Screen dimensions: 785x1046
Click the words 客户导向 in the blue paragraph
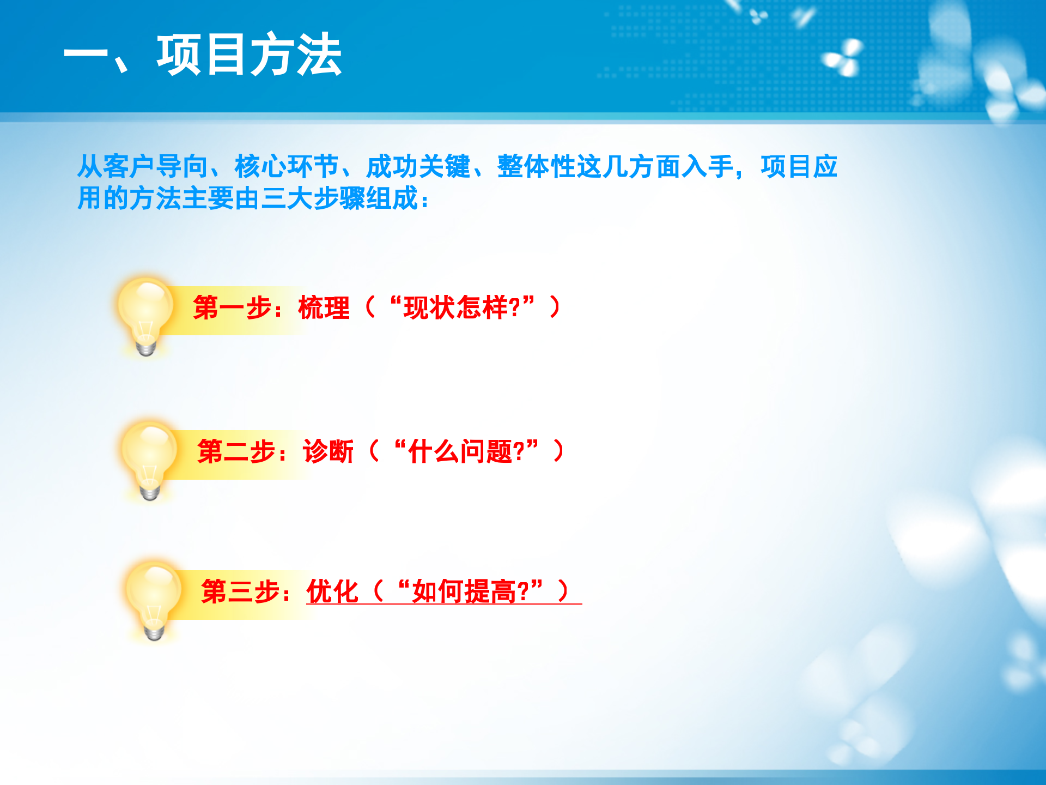click(155, 167)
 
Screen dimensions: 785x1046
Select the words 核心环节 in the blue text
click(287, 167)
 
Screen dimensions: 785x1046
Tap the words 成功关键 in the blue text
click(418, 167)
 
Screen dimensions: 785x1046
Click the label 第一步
click(233, 307)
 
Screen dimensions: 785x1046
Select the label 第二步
click(237, 452)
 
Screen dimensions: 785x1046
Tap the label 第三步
click(241, 591)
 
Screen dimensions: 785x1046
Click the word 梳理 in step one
click(324, 307)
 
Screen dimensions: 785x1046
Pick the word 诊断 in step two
click(329, 452)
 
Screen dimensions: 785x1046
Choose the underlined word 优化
click(332, 591)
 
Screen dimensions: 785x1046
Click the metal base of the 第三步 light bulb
click(154, 632)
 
